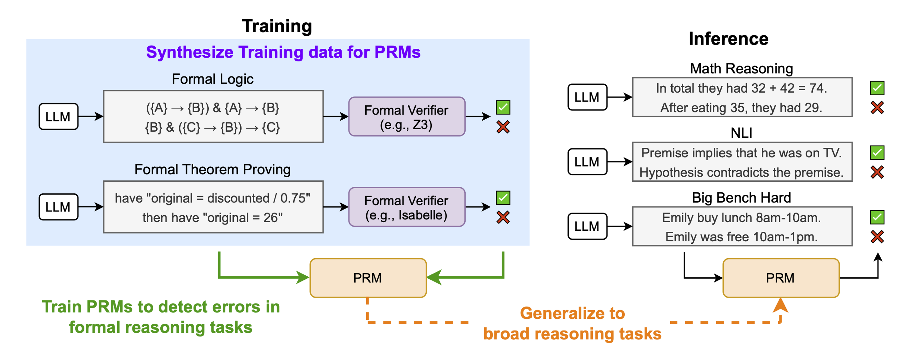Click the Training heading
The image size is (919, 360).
tap(277, 26)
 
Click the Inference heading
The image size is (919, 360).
tap(728, 38)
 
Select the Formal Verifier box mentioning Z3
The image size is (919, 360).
tap(406, 117)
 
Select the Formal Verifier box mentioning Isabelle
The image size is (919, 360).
tap(406, 207)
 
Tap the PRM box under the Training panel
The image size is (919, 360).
tap(368, 278)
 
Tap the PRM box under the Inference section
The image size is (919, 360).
tap(781, 278)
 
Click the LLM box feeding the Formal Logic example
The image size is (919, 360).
tap(58, 117)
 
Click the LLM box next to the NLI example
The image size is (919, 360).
tap(587, 161)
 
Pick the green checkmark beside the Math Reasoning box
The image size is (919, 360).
tap(877, 88)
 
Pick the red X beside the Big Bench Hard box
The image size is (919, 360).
tap(877, 237)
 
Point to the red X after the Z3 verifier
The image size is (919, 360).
tap(503, 127)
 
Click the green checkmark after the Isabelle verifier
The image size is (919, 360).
tap(503, 198)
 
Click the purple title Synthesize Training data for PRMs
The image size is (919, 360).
tap(283, 52)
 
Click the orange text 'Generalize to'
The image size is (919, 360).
tap(572, 313)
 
